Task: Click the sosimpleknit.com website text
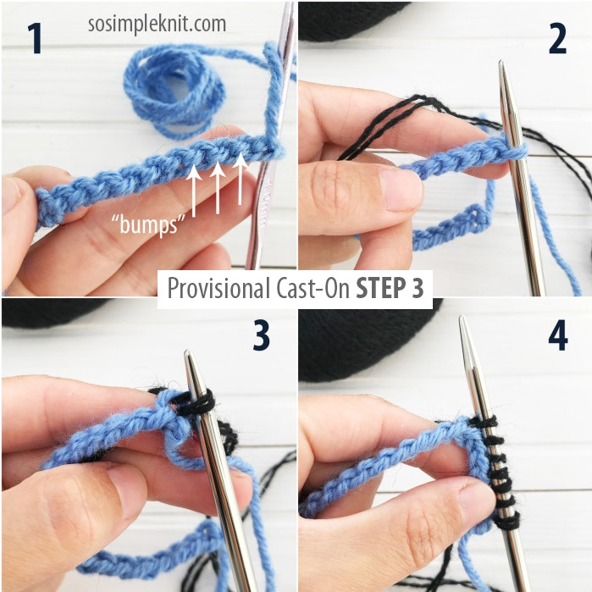tap(157, 24)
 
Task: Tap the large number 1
tap(35, 39)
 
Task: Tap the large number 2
tap(556, 39)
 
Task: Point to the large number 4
tap(556, 335)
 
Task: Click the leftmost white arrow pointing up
tap(194, 187)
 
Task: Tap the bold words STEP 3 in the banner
tap(389, 287)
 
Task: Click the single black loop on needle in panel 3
tap(200, 403)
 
